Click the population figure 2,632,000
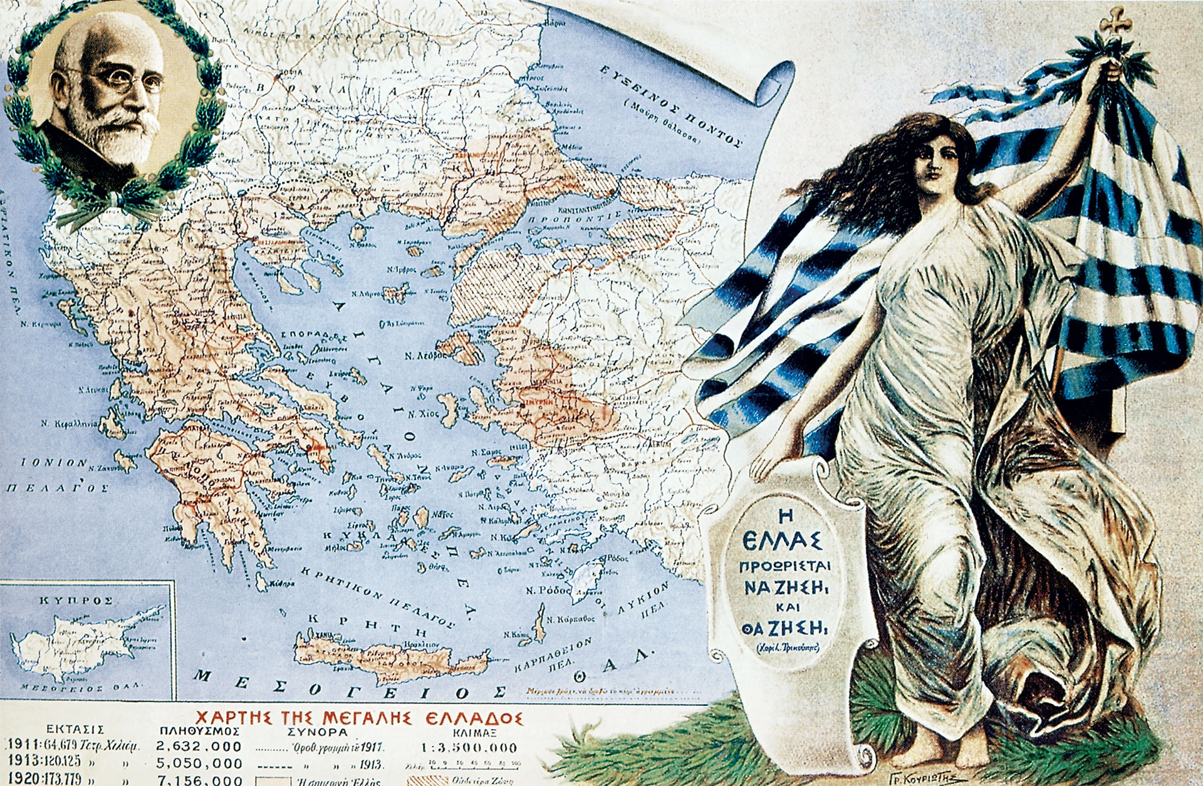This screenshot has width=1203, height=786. pos(199,747)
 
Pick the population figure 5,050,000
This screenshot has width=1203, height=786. pos(199,763)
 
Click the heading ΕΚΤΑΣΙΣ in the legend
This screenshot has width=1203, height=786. pos(75,730)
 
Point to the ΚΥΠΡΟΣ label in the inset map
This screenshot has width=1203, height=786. pos(76,600)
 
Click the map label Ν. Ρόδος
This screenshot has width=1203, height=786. pos(548,590)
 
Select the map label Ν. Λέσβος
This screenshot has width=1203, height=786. pos(425,356)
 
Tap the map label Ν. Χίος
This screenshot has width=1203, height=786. pos(421,415)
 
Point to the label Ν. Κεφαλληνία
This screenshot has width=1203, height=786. pos(69,424)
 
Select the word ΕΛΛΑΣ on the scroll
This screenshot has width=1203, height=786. pos(783,539)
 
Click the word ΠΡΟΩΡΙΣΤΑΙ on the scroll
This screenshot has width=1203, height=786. pos(784,566)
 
